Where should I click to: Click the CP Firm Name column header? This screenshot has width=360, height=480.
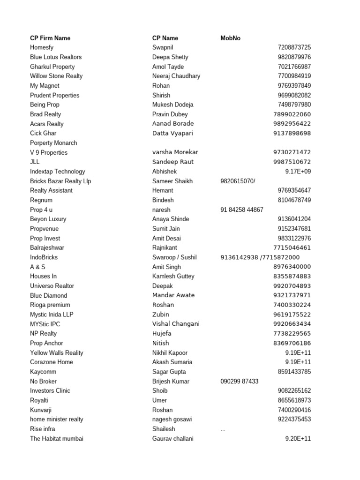pos(50,38)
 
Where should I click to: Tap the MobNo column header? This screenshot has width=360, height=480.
pos(230,38)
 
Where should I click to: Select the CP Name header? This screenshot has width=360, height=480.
pos(165,38)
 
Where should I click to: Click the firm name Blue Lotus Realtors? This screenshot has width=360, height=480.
pos(56,57)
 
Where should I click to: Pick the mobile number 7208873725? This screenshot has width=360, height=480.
pos(294,47)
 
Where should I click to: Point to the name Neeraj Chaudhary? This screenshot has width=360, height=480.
pos(176,76)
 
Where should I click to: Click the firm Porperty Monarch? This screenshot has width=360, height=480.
pos(53,143)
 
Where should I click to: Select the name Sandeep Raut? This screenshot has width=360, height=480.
pos(173,162)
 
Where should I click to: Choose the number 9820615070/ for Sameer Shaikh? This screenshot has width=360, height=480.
pos(238,181)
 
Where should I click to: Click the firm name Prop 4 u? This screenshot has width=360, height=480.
pos(42,210)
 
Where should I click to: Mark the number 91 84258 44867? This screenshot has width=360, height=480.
pos(242,210)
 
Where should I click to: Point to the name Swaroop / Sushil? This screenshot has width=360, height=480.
pos(174,257)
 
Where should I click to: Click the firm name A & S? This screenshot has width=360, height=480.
pos(37,267)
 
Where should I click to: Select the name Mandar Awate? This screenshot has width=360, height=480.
pos(173,295)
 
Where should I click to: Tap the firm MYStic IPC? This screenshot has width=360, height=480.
pos(45,324)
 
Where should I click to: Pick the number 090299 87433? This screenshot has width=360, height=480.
pos(239,381)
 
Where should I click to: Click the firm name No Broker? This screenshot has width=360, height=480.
pos(43,381)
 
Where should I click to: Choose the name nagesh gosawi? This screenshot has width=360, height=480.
pos(172,420)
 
